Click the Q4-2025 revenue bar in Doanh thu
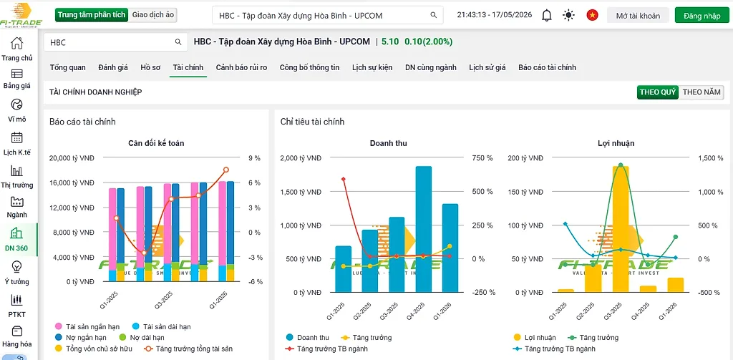tap(424, 229)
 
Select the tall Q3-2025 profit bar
tap(621, 229)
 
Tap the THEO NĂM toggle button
tap(702, 92)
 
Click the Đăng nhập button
tap(702, 16)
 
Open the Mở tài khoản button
tap(638, 16)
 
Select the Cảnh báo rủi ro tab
tap(242, 67)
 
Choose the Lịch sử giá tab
tap(487, 67)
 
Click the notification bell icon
tap(546, 16)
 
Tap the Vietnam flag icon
tap(592, 16)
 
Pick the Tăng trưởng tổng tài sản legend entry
tap(188, 349)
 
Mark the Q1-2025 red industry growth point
tap(343, 179)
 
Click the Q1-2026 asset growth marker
tap(226, 170)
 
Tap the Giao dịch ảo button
tap(153, 15)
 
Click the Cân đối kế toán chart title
tap(156, 144)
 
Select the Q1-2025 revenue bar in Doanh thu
tap(343, 269)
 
